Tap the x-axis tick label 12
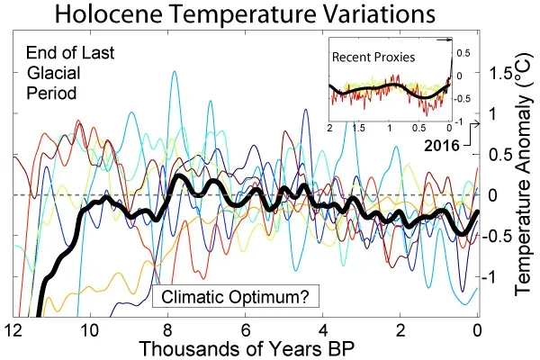pos(13,329)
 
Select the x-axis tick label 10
pos(89,329)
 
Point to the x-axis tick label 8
pos(166,329)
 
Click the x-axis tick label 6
pos(244,329)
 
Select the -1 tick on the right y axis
pos(492,278)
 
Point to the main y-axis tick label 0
pos(492,195)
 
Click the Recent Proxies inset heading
pos(374,57)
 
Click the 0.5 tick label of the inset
pos(462,53)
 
